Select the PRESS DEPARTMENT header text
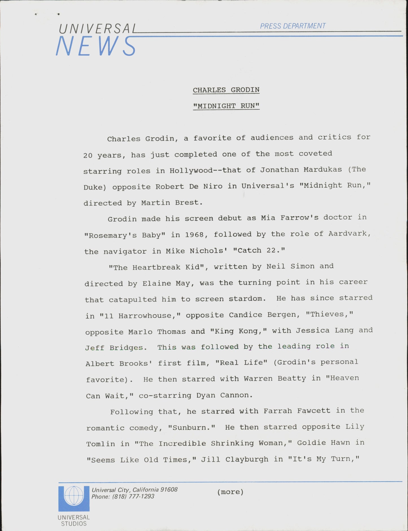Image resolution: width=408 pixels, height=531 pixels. [x=293, y=26]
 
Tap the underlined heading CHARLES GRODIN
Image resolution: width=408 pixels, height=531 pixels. [x=226, y=90]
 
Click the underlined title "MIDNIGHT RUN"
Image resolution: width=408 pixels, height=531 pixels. [x=226, y=106]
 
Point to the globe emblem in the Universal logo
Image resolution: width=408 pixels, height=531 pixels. [x=74, y=496]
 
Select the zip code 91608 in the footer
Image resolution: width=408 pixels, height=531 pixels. [x=169, y=490]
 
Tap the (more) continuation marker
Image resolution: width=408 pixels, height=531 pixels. [x=230, y=492]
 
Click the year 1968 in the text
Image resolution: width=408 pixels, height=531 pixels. [x=194, y=234]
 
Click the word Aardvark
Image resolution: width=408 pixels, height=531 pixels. [x=349, y=234]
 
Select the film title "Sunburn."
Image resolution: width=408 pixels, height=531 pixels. [x=192, y=427]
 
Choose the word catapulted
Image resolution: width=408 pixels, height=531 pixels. [x=133, y=299]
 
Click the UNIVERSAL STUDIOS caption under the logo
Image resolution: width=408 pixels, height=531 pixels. [x=74, y=521]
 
